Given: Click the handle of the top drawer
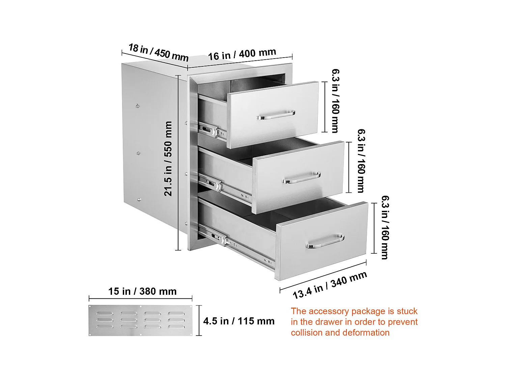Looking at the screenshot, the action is coord(276,115).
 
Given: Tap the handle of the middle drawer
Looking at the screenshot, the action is coord(302,178).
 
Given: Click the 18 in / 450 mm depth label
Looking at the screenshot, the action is coord(158,53).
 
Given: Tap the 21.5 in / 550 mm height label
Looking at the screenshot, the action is coord(168,159).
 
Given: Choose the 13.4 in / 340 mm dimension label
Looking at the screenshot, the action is coord(330,285).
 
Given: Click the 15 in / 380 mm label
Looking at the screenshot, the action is coord(142,291).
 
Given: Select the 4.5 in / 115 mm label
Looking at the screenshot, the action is coord(239,321).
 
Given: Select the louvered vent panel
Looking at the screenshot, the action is coord(140,320).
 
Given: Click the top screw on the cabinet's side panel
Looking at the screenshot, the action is coord(137,106).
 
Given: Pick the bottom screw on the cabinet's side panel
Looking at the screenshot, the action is coord(139,199).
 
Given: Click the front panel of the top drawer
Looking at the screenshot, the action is coord(273,115).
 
